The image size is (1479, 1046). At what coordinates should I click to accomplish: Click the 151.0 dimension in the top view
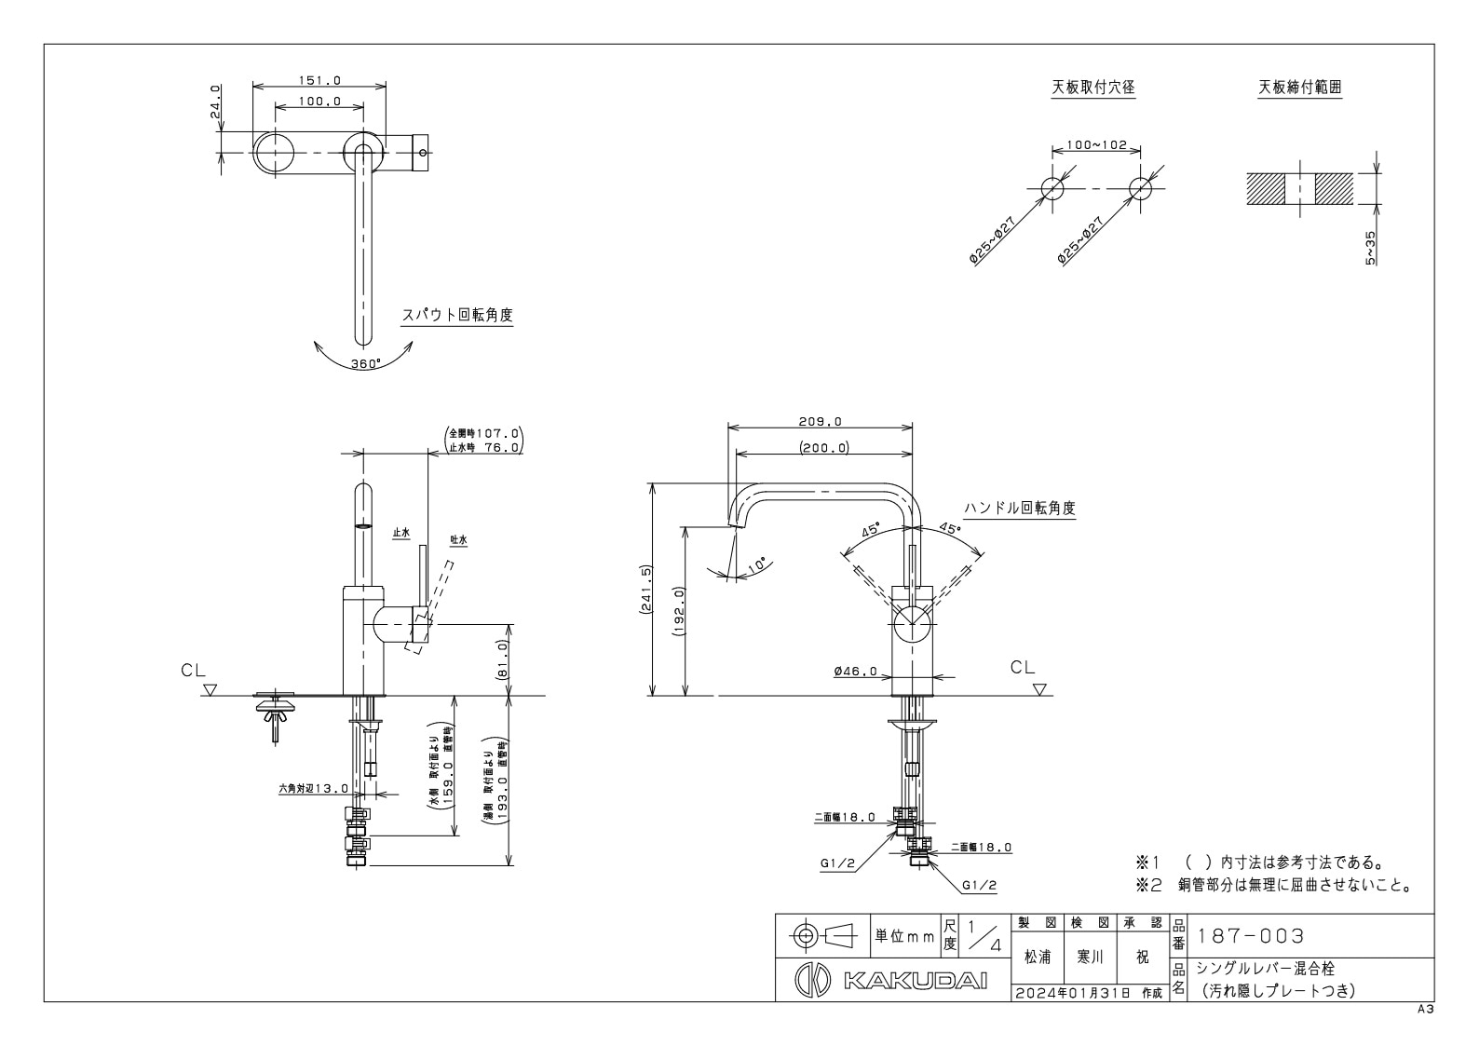tap(319, 81)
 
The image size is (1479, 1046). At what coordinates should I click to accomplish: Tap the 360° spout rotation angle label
tap(365, 364)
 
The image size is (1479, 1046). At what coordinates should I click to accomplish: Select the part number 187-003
tap(1251, 935)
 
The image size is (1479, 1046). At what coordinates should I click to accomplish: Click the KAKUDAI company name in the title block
tap(915, 983)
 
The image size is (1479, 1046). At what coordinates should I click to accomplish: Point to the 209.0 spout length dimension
tap(820, 421)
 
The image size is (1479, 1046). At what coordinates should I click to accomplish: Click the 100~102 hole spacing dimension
tap(1096, 145)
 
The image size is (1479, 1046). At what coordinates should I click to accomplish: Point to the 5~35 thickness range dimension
tap(1370, 249)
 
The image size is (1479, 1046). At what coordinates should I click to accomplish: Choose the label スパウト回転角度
tap(456, 315)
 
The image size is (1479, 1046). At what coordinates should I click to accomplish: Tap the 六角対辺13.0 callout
tap(313, 788)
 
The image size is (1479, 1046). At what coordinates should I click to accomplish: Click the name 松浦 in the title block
tap(1038, 957)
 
